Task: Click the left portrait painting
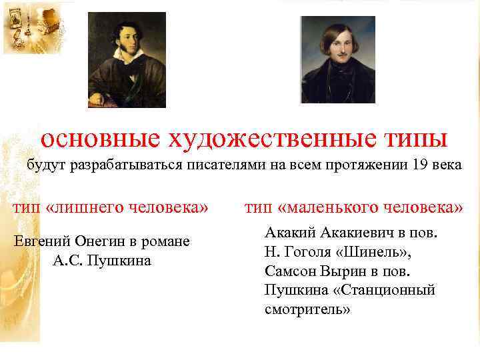127,59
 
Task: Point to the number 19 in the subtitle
421,165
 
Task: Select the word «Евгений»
43,241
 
